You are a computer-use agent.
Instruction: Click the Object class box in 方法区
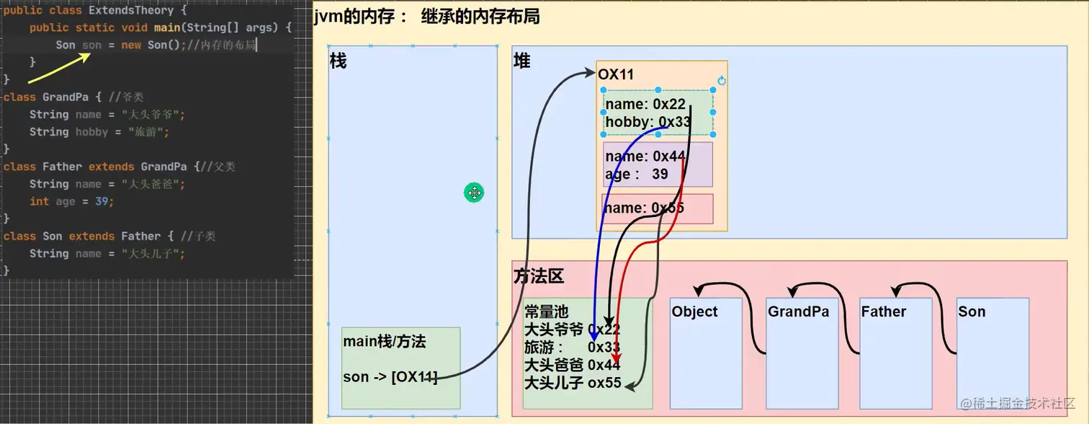(x=705, y=353)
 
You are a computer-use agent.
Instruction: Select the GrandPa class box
(x=802, y=353)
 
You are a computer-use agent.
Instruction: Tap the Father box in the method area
(x=895, y=353)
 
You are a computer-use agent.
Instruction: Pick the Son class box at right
(x=992, y=353)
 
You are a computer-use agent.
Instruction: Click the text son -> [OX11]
(x=390, y=376)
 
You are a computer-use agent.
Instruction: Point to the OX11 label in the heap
(x=616, y=74)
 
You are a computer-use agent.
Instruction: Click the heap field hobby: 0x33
(x=647, y=122)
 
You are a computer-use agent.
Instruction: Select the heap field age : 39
(x=637, y=174)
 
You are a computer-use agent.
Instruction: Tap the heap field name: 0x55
(x=645, y=208)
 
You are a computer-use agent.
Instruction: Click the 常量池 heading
(x=546, y=312)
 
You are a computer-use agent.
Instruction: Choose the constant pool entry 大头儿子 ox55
(x=573, y=383)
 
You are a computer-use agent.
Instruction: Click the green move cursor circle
(x=474, y=193)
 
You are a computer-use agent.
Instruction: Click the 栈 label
(x=338, y=61)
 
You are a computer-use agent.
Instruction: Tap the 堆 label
(x=521, y=62)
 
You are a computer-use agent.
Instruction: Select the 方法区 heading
(x=539, y=275)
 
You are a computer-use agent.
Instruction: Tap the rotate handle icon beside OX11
(x=722, y=81)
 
